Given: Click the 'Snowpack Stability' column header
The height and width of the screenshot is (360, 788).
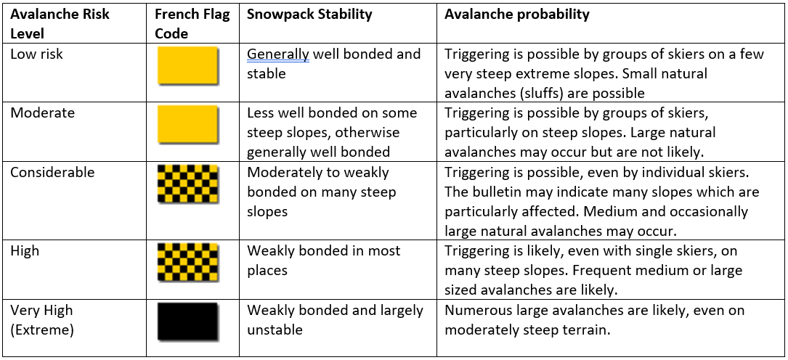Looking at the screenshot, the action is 309,14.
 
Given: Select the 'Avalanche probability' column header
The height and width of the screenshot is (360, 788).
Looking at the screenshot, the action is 516,15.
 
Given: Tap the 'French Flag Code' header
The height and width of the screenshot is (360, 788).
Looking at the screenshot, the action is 192,24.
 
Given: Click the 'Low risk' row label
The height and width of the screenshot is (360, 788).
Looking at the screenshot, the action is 37,54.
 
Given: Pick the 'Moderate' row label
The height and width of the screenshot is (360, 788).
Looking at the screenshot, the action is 43,112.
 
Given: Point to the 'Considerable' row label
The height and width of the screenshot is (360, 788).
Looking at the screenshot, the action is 52,172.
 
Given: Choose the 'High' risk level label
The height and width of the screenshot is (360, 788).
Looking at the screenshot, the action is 25,250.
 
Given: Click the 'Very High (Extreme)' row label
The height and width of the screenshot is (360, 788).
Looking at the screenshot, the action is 41,319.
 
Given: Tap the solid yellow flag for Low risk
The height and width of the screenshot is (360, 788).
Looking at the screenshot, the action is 188,66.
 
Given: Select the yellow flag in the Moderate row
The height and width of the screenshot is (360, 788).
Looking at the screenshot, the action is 188,125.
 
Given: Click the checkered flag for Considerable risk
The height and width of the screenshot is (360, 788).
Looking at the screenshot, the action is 188,184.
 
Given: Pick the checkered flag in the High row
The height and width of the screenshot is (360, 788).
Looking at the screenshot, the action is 188,262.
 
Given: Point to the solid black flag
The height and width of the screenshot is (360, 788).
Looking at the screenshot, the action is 188,322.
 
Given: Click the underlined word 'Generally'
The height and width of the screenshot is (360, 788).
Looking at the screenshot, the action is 278,54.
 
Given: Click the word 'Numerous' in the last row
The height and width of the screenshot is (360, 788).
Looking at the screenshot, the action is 476,311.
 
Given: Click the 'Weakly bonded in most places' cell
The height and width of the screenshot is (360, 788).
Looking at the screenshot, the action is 324,260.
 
